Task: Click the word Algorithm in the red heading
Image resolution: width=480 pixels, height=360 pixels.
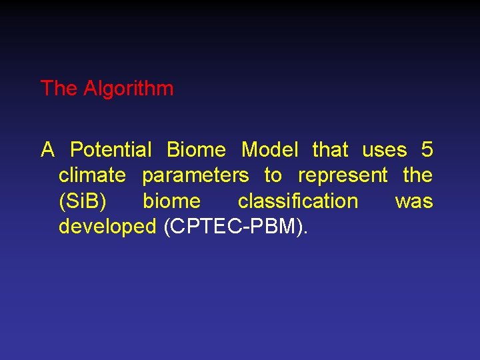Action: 129,89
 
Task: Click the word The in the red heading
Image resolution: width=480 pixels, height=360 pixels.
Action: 59,88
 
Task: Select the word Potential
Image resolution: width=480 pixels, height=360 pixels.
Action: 111,149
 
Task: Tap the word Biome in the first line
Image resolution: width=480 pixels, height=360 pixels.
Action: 196,149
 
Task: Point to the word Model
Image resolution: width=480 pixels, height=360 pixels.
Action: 269,149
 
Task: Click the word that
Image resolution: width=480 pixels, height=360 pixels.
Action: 330,149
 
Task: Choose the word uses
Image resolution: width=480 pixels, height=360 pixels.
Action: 385,150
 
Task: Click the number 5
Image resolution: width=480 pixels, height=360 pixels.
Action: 427,149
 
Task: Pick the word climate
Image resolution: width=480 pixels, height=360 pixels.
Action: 92,175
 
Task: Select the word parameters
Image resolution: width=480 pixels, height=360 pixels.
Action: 195,176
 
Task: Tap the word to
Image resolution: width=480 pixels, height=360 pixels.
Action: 273,175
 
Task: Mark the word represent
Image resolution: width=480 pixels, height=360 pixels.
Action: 343,176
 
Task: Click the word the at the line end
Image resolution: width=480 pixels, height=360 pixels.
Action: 418,175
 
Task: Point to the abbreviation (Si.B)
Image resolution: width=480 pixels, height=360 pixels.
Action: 82,201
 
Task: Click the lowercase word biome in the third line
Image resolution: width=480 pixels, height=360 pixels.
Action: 171,201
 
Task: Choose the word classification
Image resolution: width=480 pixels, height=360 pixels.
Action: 298,201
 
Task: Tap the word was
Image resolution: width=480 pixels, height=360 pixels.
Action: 414,201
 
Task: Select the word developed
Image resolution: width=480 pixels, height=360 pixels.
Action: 107,227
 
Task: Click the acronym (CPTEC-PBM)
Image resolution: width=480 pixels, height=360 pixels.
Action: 235,227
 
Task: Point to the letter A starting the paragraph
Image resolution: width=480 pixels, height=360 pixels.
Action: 47,149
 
